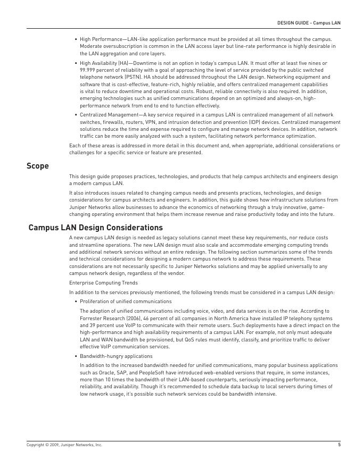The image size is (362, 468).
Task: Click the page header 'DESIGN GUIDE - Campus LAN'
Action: tap(308, 23)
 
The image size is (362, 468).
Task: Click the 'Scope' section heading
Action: tap(38, 166)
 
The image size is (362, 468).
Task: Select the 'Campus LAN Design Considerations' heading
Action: tap(95, 228)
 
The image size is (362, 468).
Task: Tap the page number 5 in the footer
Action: tap(339, 445)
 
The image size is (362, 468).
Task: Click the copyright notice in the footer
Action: tap(64, 445)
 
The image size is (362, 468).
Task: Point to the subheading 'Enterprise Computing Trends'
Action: tap(103, 283)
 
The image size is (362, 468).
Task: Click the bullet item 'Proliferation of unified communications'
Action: tap(126, 302)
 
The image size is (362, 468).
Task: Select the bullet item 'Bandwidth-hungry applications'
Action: tap(116, 356)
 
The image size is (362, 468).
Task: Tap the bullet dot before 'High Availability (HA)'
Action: tap(76, 63)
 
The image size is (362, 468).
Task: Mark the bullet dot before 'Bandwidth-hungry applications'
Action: tap(76, 356)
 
